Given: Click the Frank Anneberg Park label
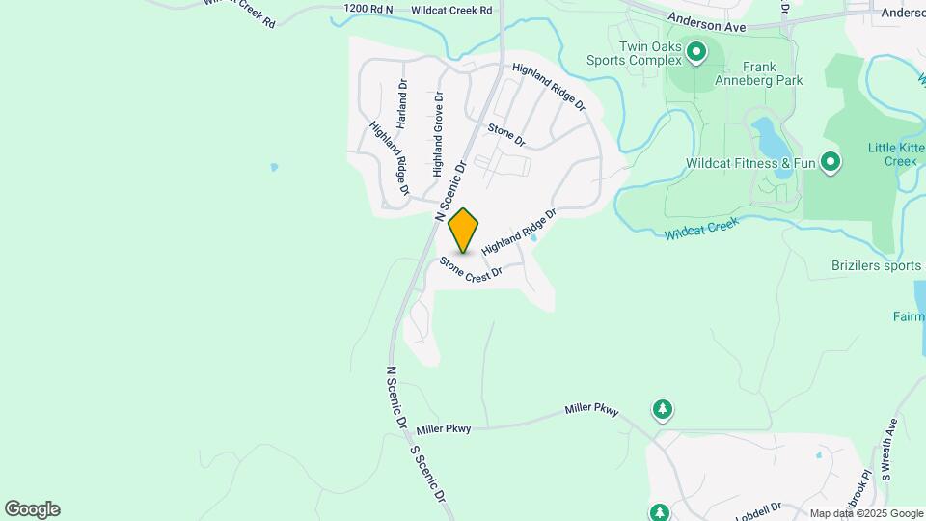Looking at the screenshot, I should point(773,74).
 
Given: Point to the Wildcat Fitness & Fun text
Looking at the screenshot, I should point(750,163).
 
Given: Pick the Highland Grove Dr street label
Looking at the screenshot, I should point(438,134).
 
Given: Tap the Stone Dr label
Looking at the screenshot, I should point(506,135).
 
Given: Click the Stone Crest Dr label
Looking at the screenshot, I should point(472,268).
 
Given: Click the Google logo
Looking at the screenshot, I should point(32,509).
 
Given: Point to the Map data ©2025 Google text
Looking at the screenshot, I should point(865,513).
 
